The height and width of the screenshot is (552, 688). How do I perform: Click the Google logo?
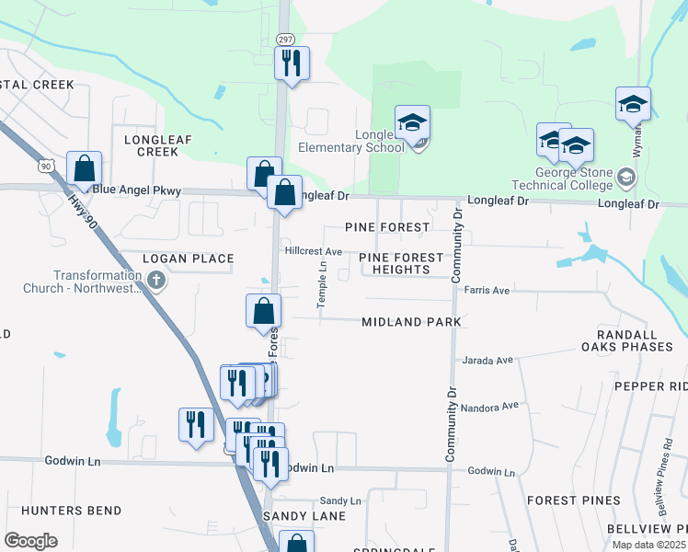30,541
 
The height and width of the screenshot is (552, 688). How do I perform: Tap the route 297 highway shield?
285,39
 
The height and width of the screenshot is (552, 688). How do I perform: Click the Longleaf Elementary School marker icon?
413,123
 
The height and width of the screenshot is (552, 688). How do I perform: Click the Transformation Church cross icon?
156,279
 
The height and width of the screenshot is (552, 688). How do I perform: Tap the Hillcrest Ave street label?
313,251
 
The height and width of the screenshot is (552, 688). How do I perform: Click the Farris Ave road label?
487,290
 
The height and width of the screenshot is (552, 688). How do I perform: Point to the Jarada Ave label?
487,360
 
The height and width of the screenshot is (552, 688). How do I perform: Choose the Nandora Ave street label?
491,406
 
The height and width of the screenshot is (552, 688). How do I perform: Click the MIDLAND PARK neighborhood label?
410,322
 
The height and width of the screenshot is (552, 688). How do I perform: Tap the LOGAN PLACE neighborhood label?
189,259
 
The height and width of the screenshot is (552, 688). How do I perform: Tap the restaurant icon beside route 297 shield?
292,63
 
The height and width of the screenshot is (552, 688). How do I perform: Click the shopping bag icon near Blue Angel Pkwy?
84,167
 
